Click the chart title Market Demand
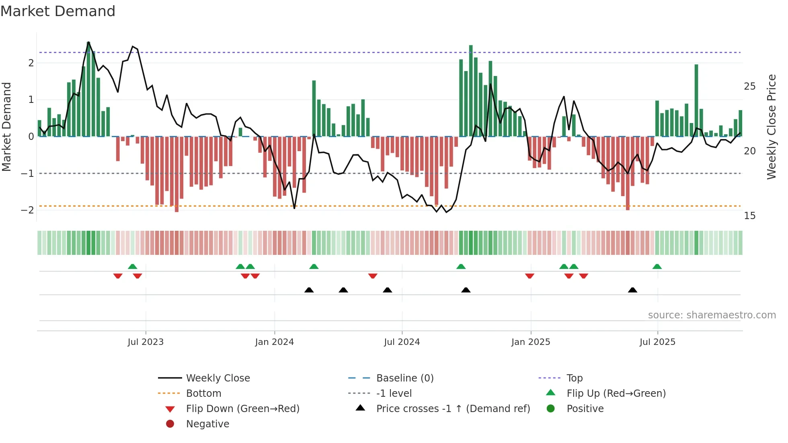[58, 11]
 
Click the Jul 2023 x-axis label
[146, 342]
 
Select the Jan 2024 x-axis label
[274, 342]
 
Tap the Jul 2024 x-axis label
[402, 342]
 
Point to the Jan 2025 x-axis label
[531, 342]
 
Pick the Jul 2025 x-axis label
[657, 342]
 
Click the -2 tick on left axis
[28, 210]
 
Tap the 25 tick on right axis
[749, 86]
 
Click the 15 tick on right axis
[749, 216]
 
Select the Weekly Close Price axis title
[772, 127]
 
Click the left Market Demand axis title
[7, 127]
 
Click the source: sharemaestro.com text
[712, 315]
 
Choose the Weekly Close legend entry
[218, 378]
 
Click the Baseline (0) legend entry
[404, 378]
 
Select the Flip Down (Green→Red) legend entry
[242, 409]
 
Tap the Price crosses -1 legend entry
[453, 409]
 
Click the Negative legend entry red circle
[170, 424]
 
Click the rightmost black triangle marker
[632, 290]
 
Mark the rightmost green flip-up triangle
[657, 267]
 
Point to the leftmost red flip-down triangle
[118, 276]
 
